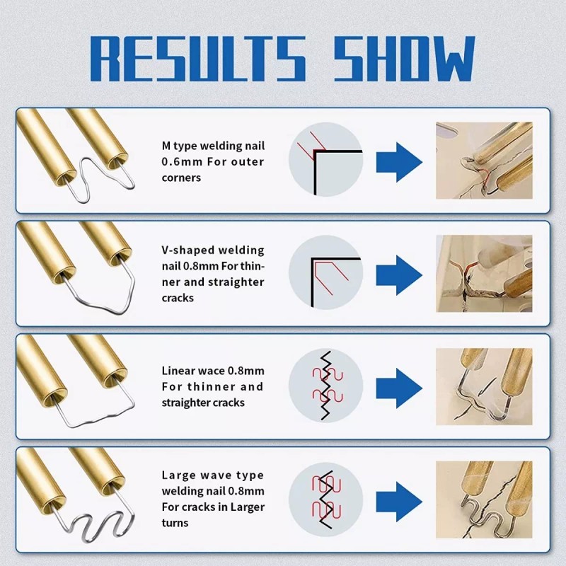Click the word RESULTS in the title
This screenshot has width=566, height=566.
(x=198, y=58)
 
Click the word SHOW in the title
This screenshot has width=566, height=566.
(x=404, y=58)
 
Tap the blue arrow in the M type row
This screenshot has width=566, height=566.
(x=399, y=162)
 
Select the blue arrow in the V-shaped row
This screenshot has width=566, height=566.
(x=399, y=275)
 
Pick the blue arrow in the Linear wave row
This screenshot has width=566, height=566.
(x=399, y=388)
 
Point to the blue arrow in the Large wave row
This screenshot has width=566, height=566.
(x=399, y=502)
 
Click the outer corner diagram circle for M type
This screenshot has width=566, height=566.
(x=325, y=159)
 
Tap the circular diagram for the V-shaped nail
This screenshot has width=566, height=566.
(x=325, y=272)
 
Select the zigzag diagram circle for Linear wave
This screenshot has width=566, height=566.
(x=325, y=386)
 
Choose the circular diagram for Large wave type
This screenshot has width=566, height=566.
(x=325, y=499)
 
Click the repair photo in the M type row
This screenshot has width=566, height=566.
(x=484, y=161)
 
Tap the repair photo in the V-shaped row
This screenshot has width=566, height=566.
(x=484, y=274)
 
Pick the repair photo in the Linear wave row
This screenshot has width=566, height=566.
(x=484, y=386)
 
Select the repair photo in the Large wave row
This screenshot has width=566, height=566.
(x=484, y=500)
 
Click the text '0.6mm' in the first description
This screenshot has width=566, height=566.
(x=182, y=162)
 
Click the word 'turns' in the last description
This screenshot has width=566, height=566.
(x=175, y=523)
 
